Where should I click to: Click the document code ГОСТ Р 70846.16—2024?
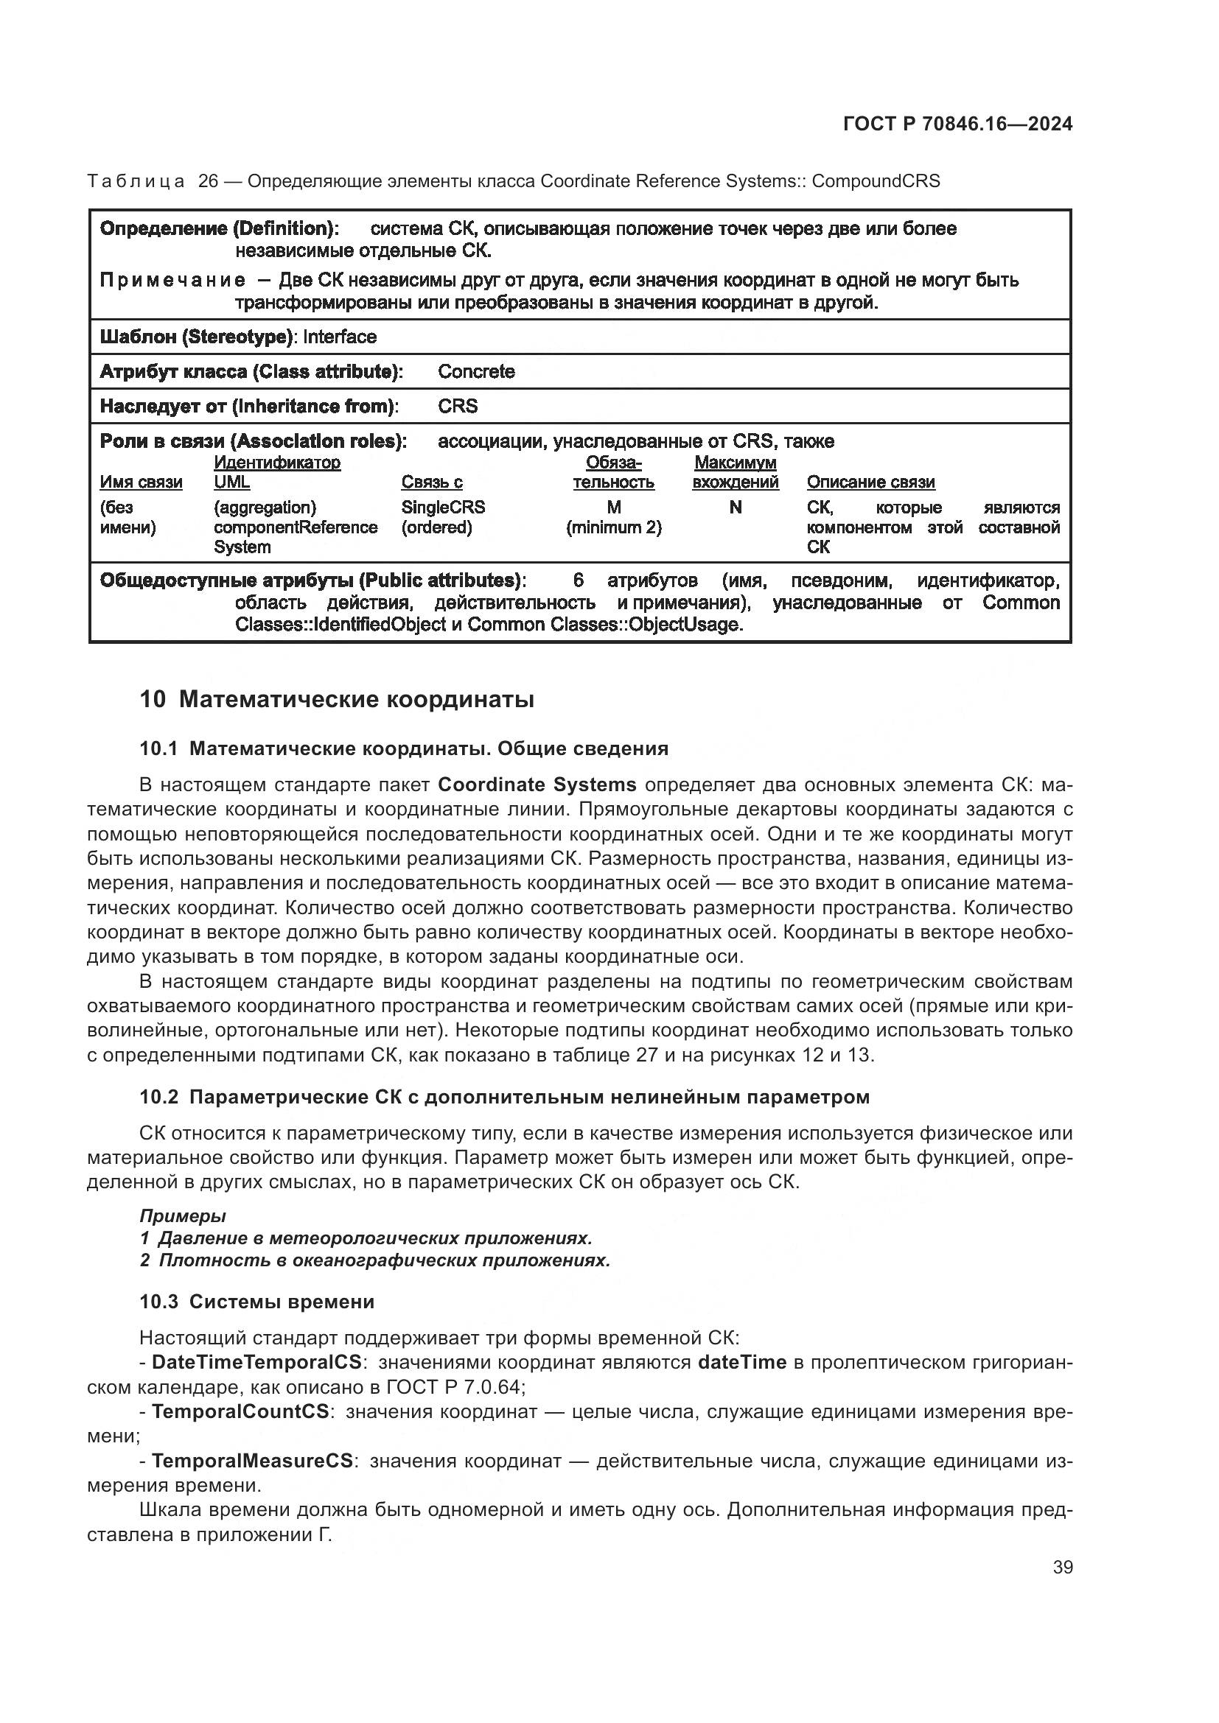(957, 124)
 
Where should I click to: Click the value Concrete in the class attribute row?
(476, 371)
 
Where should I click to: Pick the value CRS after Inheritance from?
(457, 406)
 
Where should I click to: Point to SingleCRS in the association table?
(443, 508)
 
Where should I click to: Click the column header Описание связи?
(870, 482)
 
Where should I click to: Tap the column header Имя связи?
(141, 482)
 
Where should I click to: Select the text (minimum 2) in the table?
(613, 527)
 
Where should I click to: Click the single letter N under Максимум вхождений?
(735, 508)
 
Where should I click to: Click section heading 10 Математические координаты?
(337, 699)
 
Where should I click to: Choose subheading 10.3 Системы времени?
(256, 1301)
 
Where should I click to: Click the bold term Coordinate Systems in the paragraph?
(537, 785)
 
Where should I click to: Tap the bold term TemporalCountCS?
(240, 1411)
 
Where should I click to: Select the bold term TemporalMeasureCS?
(252, 1461)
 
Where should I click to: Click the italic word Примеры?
(182, 1216)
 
